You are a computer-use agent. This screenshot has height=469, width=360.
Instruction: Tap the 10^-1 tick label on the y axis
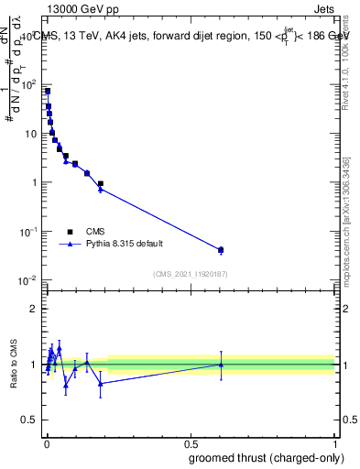tap(28, 231)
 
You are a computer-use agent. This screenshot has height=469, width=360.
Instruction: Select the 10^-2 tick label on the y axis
tap(28, 280)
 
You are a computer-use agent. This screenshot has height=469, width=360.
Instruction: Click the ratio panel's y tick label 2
tap(35, 309)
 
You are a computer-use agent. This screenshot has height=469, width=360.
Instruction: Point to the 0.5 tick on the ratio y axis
tap(32, 421)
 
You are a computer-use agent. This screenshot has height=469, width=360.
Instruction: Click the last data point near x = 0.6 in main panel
tap(221, 250)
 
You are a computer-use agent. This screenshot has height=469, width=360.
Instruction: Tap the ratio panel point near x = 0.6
tap(221, 365)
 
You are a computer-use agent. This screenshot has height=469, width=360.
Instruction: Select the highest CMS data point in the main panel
tap(48, 92)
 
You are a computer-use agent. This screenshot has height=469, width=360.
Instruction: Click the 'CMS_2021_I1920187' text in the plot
tap(190, 274)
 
